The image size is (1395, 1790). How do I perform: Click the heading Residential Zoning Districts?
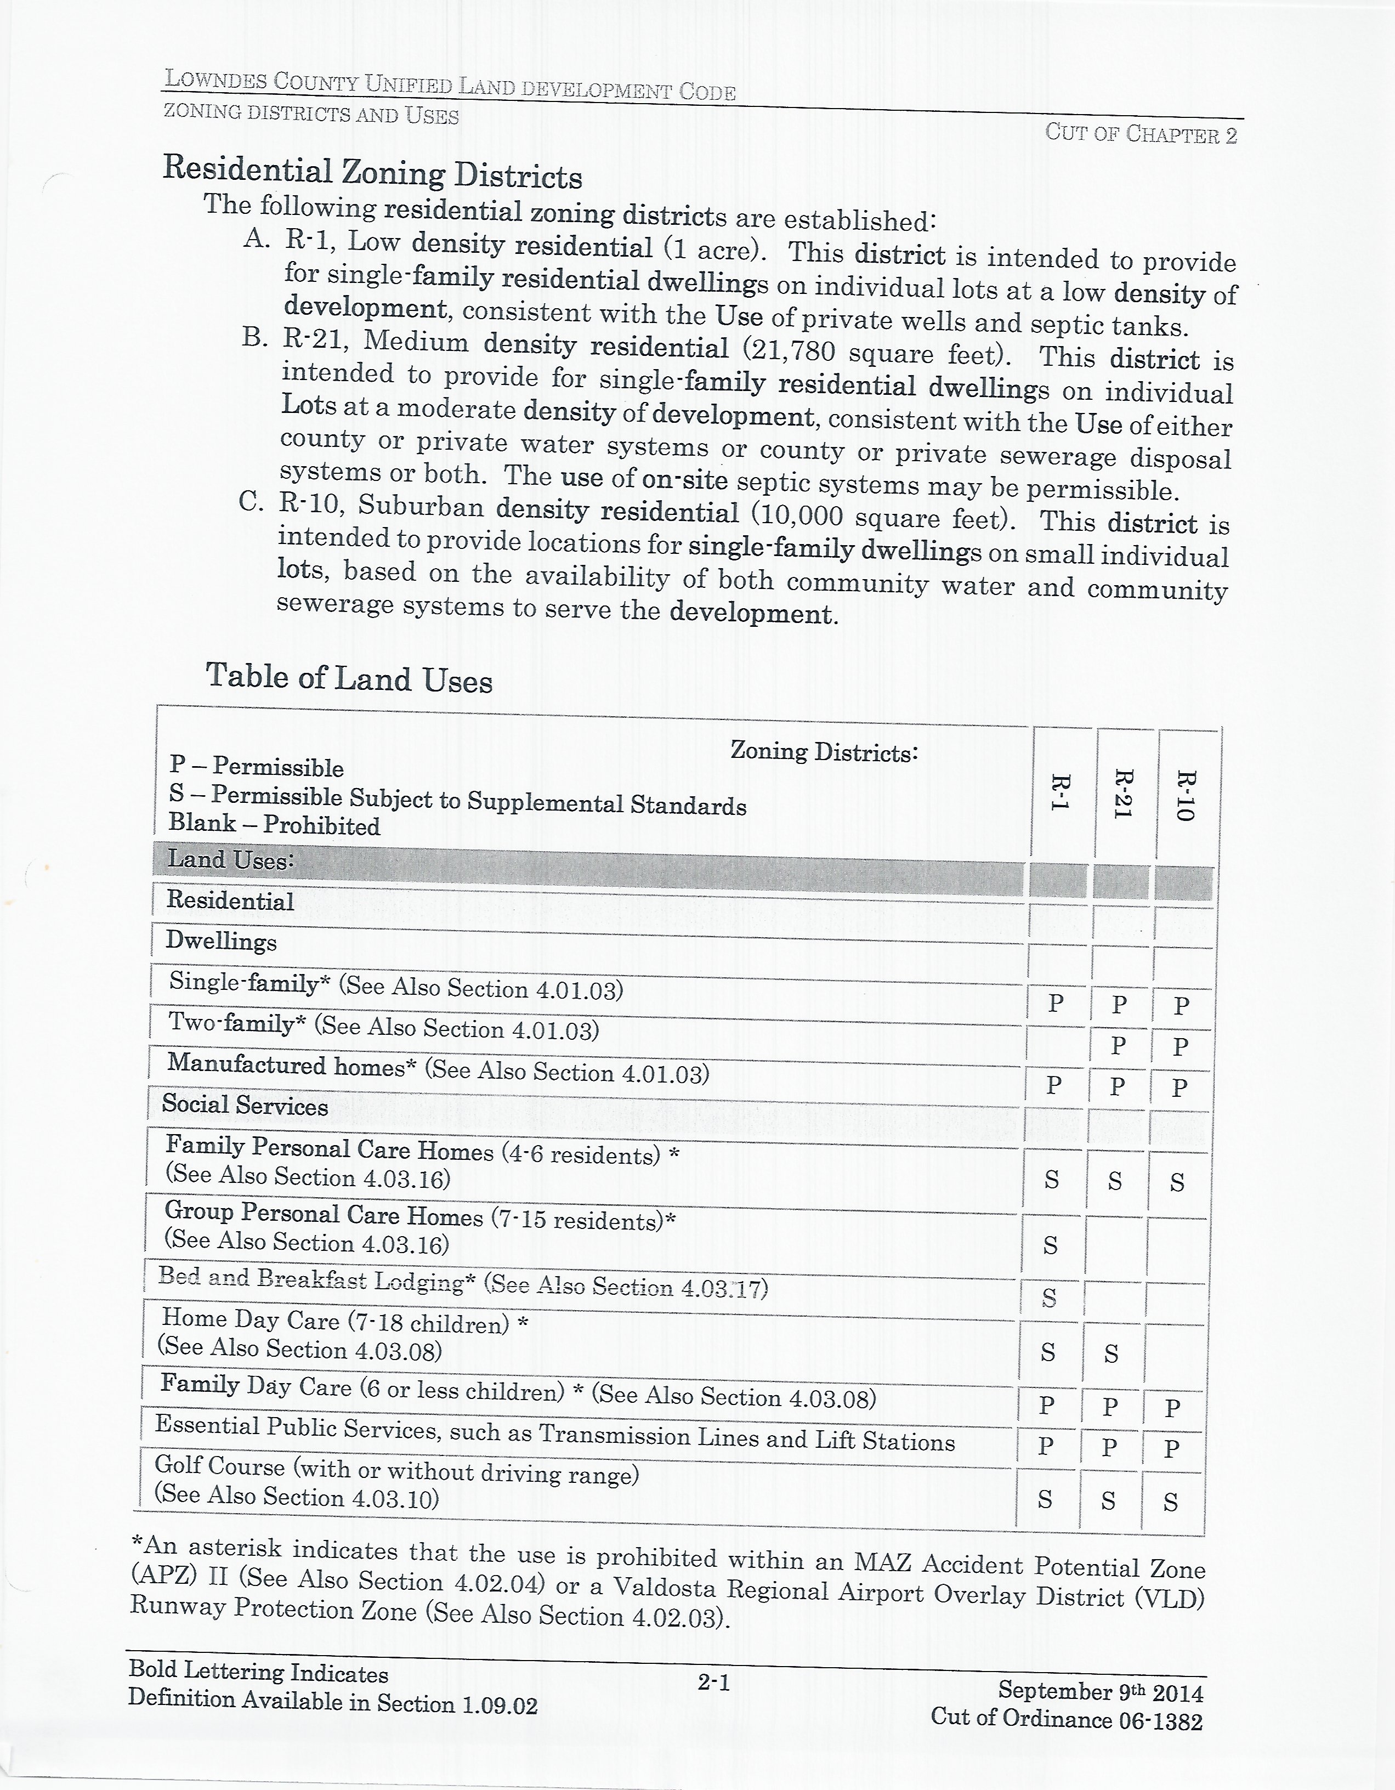pyautogui.click(x=372, y=172)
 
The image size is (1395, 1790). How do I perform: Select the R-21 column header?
pyautogui.click(x=1122, y=794)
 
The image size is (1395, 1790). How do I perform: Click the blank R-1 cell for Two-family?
pyautogui.click(x=1056, y=1044)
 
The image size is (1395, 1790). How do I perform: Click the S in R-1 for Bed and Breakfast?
pyautogui.click(x=1049, y=1298)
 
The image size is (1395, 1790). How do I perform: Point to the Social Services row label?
pyautogui.click(x=244, y=1105)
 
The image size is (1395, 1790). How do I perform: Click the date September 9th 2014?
pyautogui.click(x=1100, y=1691)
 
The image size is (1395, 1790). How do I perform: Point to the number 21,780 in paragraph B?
pyautogui.click(x=789, y=351)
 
